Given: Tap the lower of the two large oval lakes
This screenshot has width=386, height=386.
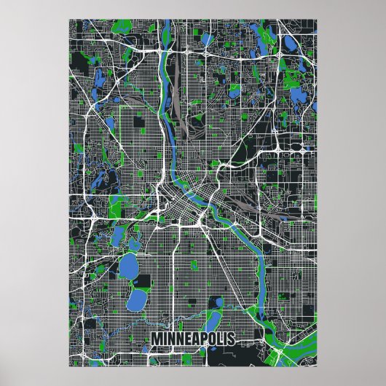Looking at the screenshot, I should [136, 296].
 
